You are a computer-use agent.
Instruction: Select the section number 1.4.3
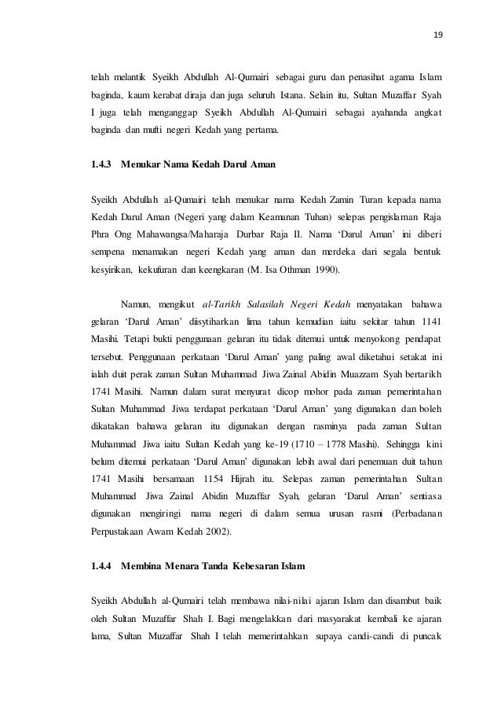[x=101, y=164]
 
